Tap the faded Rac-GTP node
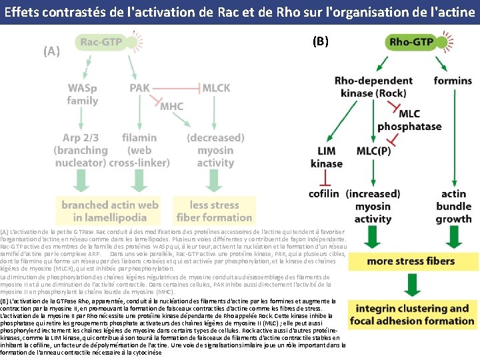click(x=101, y=42)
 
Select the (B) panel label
click(x=320, y=41)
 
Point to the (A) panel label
click(x=51, y=51)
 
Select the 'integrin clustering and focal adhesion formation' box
click(x=411, y=315)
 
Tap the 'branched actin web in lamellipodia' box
click(x=110, y=211)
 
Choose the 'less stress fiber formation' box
click(x=212, y=211)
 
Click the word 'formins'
click(x=453, y=81)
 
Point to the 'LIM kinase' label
click(x=327, y=157)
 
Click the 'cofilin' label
click(x=325, y=193)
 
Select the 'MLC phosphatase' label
click(x=409, y=120)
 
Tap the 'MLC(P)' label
click(x=374, y=151)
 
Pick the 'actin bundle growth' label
click(x=453, y=206)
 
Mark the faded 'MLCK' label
click(x=216, y=88)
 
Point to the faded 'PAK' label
click(x=139, y=88)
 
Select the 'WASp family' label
click(x=83, y=94)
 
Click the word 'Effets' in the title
click(x=24, y=11)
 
